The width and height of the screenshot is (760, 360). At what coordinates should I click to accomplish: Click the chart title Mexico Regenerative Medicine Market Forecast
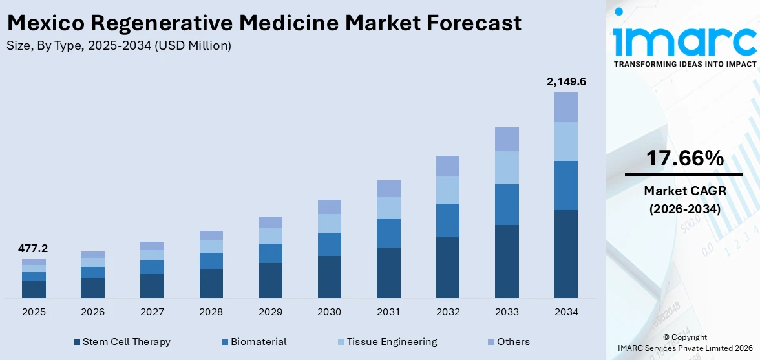[264, 23]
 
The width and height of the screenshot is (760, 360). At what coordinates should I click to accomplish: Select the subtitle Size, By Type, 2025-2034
[118, 46]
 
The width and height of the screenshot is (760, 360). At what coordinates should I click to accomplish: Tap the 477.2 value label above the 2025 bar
[34, 248]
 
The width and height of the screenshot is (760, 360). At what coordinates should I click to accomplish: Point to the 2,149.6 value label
[566, 81]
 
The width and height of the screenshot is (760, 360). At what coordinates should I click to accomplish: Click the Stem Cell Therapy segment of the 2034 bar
[566, 253]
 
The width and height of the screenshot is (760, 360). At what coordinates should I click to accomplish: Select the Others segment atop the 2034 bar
[566, 107]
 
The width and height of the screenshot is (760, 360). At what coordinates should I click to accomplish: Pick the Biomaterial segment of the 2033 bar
[507, 204]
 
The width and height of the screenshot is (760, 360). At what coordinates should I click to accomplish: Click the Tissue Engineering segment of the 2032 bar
[447, 190]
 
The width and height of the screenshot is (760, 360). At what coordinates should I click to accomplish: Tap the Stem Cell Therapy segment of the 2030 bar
[329, 277]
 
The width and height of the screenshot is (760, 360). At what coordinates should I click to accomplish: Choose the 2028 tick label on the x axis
[211, 312]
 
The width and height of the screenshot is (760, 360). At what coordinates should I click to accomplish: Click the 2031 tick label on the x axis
[388, 312]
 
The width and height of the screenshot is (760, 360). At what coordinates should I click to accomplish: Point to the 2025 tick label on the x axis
[34, 312]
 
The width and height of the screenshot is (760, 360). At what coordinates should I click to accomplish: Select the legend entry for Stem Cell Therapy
[122, 342]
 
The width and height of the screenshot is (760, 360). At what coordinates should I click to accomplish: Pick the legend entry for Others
[508, 342]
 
